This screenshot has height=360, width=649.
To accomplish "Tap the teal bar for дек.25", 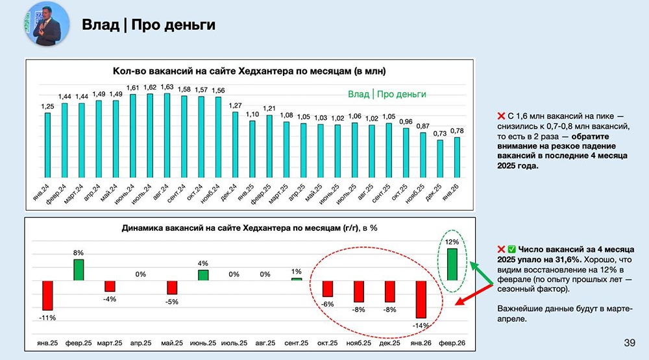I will [x=440, y=158].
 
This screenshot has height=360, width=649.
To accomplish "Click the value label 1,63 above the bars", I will [x=167, y=87].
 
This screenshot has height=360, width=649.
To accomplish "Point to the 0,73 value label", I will [x=440, y=133].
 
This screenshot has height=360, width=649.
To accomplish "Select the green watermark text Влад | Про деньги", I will [x=387, y=94].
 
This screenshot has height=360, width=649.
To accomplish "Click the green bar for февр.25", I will [x=79, y=269].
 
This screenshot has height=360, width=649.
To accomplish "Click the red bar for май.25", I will [x=172, y=287].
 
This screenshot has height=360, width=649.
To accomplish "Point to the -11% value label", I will [x=47, y=318].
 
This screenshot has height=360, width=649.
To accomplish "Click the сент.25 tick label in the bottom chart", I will [x=297, y=343].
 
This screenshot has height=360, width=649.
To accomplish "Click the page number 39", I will [x=629, y=343].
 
